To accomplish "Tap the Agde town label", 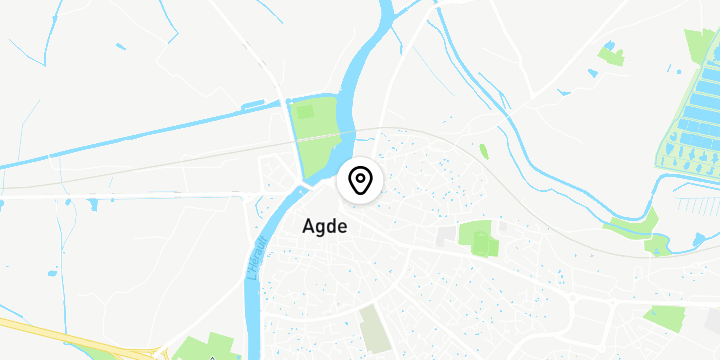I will pos(325,227).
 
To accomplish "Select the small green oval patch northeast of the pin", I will pos(484,152).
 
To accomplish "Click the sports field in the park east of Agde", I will pos(484,242).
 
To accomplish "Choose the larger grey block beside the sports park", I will pos(445,237).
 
